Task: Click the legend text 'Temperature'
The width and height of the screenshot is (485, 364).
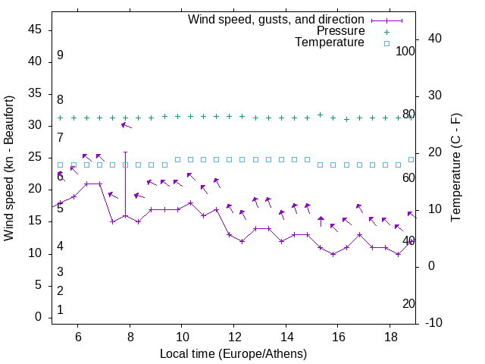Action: pos(330,43)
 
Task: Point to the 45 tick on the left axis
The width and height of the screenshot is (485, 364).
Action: pos(35,30)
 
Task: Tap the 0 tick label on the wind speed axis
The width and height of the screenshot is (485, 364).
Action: pos(39,318)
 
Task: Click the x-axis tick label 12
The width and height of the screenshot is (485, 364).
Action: pos(234,337)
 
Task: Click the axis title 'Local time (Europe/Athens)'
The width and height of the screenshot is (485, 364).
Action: pos(233,353)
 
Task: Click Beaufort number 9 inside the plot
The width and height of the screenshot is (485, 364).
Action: pos(60,55)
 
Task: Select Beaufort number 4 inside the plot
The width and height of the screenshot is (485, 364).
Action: pos(60,246)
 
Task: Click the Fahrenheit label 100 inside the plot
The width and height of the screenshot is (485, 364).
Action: pos(405,52)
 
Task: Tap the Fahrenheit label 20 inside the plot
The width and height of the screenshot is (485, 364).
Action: pos(408,303)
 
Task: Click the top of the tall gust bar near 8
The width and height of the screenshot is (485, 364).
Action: pos(126,131)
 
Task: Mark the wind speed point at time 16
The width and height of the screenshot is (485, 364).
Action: pos(333,254)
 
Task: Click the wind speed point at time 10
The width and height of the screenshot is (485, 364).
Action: pos(178,209)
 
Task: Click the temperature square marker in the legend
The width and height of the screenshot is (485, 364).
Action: pos(386,43)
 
